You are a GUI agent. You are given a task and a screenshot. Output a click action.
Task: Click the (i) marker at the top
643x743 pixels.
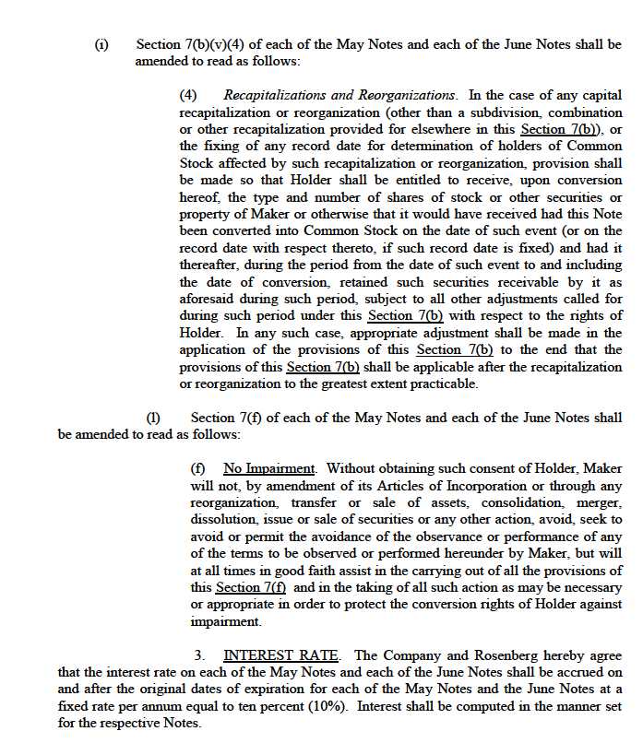(101, 44)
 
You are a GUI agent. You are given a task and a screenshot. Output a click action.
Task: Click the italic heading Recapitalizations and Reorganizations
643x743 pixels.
(339, 95)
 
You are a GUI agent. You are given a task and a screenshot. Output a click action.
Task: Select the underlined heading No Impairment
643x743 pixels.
(268, 468)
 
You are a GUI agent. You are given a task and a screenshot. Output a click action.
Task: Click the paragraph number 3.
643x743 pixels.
(198, 655)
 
